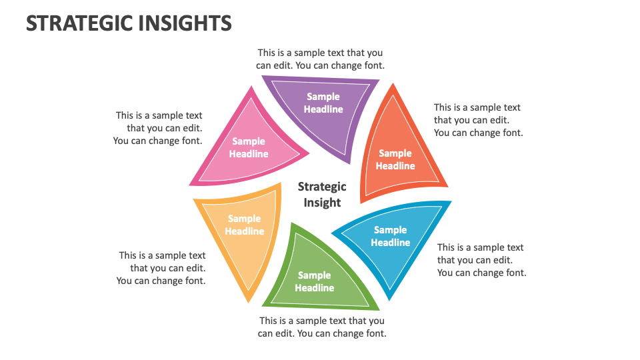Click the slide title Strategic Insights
(129, 23)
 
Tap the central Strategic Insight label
(322, 195)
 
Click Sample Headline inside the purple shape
(323, 103)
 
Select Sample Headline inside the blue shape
(391, 237)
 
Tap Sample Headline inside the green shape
(314, 281)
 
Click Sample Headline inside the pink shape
(249, 147)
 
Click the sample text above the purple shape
(320, 59)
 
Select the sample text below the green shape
(322, 327)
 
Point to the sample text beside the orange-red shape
(478, 120)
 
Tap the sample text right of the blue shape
(481, 260)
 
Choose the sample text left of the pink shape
(158, 128)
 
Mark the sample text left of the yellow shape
(161, 268)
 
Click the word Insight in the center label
(322, 203)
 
